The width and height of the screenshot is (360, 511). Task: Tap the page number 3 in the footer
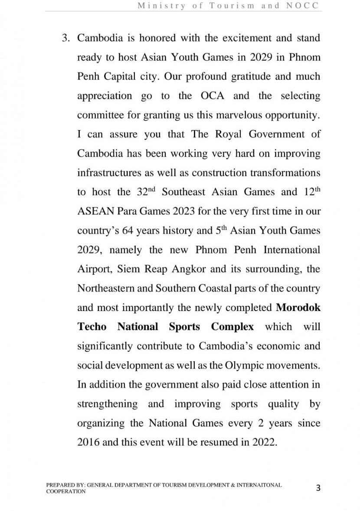pyautogui.click(x=318, y=488)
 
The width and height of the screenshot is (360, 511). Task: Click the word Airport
pyautogui.click(x=95, y=269)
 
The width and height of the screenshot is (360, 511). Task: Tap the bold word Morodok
pyautogui.click(x=298, y=308)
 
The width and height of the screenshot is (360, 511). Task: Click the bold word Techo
pyautogui.click(x=92, y=327)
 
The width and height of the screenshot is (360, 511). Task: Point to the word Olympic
pyautogui.click(x=244, y=365)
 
